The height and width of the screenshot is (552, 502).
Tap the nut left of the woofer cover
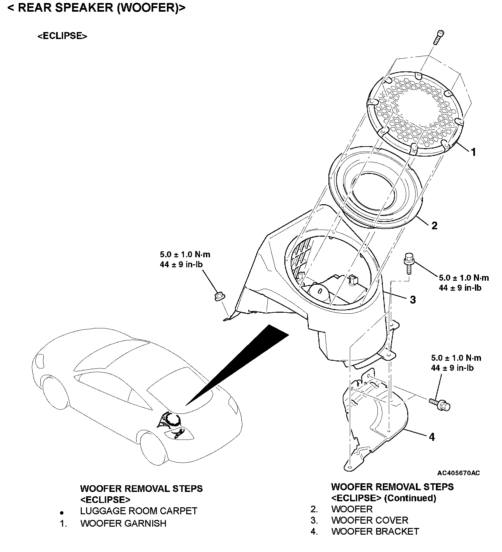point(219,296)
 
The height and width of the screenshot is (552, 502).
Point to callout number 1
point(473,152)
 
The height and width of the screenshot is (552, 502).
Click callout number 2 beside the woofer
point(434,226)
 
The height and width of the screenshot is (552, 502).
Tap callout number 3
point(413,300)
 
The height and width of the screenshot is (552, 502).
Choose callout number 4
point(432,437)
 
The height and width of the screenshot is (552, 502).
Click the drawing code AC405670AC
point(459,473)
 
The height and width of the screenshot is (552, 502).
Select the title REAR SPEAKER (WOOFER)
point(96,8)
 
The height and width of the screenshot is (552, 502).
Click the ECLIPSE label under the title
point(62,36)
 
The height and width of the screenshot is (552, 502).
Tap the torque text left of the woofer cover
point(185,259)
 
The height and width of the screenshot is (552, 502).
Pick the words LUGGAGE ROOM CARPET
point(139,511)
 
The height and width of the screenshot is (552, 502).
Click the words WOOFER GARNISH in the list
point(123,523)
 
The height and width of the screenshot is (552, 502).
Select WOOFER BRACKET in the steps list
point(375,531)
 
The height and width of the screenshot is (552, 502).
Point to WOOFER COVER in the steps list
point(370,520)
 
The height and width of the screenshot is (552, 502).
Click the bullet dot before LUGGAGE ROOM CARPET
point(61,512)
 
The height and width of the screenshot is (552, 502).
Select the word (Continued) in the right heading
point(410,498)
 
